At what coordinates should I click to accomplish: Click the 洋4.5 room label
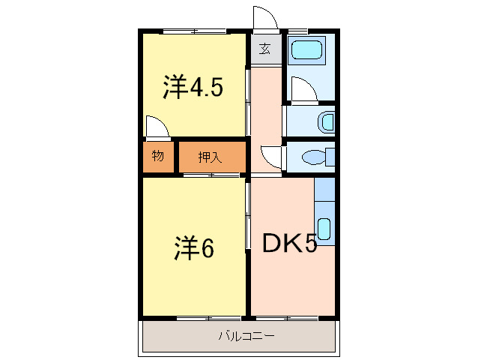[193, 88]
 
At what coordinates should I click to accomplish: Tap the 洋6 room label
[195, 247]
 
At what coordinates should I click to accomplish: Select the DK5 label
[289, 243]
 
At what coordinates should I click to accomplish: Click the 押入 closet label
[210, 157]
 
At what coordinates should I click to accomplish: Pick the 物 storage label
[158, 157]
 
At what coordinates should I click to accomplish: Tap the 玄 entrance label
[265, 49]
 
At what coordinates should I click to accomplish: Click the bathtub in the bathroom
[307, 52]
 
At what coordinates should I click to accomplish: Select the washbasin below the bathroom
[326, 121]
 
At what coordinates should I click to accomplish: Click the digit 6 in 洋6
[208, 247]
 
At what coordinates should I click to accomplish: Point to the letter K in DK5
[291, 243]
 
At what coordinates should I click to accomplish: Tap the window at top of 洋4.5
[195, 31]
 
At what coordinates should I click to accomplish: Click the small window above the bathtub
[298, 31]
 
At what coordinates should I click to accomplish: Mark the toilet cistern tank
[330, 158]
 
